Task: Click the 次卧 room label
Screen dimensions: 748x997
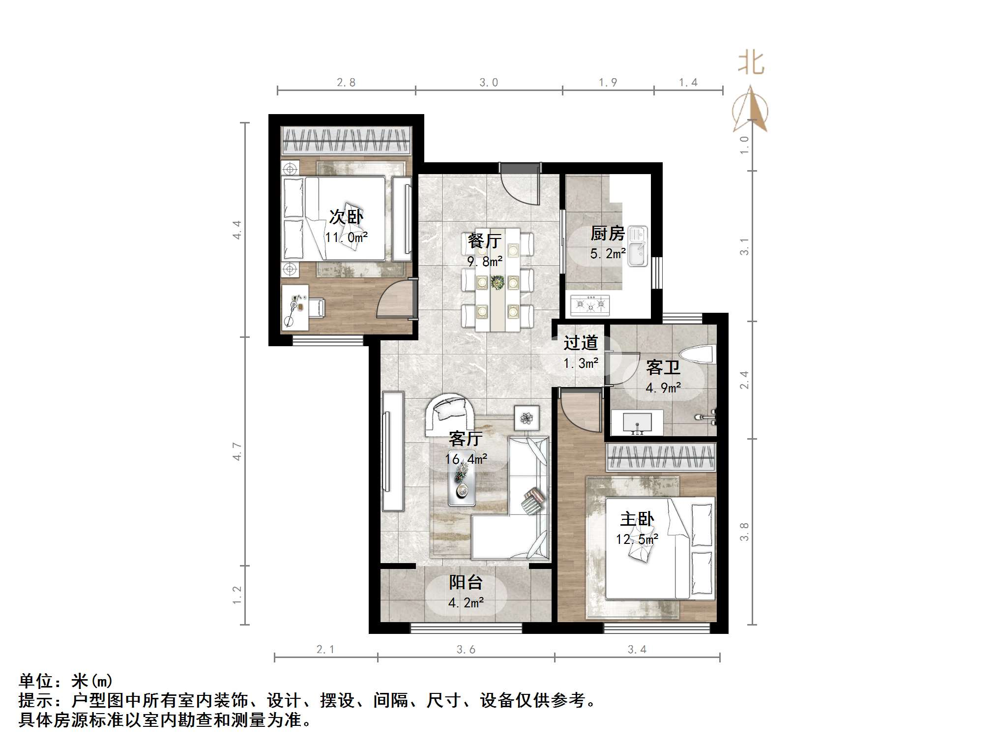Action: (346, 216)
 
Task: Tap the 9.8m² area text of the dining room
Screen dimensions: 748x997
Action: (484, 262)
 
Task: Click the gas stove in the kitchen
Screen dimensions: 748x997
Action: (590, 305)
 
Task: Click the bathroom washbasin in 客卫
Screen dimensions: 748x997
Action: (637, 422)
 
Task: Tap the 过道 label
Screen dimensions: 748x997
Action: (581, 343)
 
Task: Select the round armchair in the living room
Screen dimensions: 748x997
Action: (450, 413)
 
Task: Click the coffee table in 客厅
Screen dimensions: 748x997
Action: (462, 484)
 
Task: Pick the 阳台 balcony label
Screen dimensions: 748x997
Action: (465, 582)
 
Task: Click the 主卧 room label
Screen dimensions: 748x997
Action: (637, 519)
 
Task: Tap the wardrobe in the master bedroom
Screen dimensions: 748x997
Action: (660, 457)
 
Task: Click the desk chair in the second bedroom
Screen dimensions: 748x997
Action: (315, 308)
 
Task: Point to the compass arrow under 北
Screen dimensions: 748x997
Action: (750, 111)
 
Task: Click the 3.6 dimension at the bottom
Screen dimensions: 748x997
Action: (466, 650)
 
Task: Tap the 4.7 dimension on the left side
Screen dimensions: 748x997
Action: (237, 451)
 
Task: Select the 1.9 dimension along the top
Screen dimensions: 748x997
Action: (608, 83)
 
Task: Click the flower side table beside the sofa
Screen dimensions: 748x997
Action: (527, 418)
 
